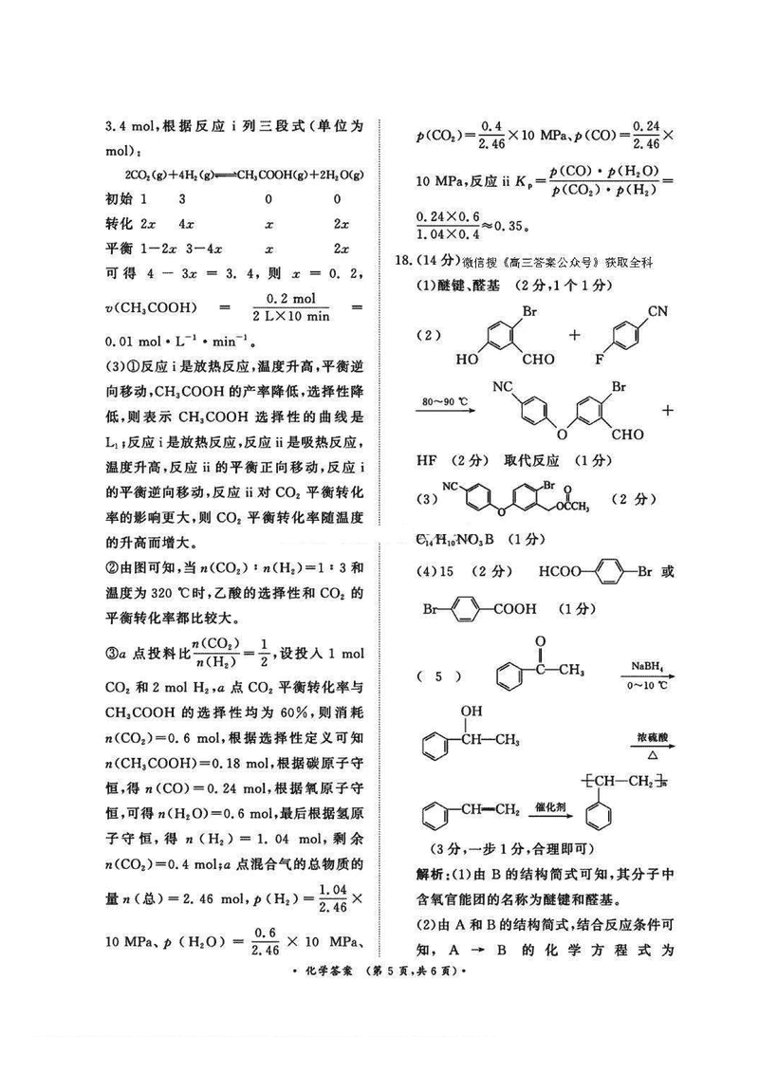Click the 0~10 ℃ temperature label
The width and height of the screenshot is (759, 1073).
[x=650, y=684]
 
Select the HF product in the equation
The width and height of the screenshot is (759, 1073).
[x=428, y=460]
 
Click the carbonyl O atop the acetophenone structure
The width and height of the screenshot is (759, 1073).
[x=540, y=642]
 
